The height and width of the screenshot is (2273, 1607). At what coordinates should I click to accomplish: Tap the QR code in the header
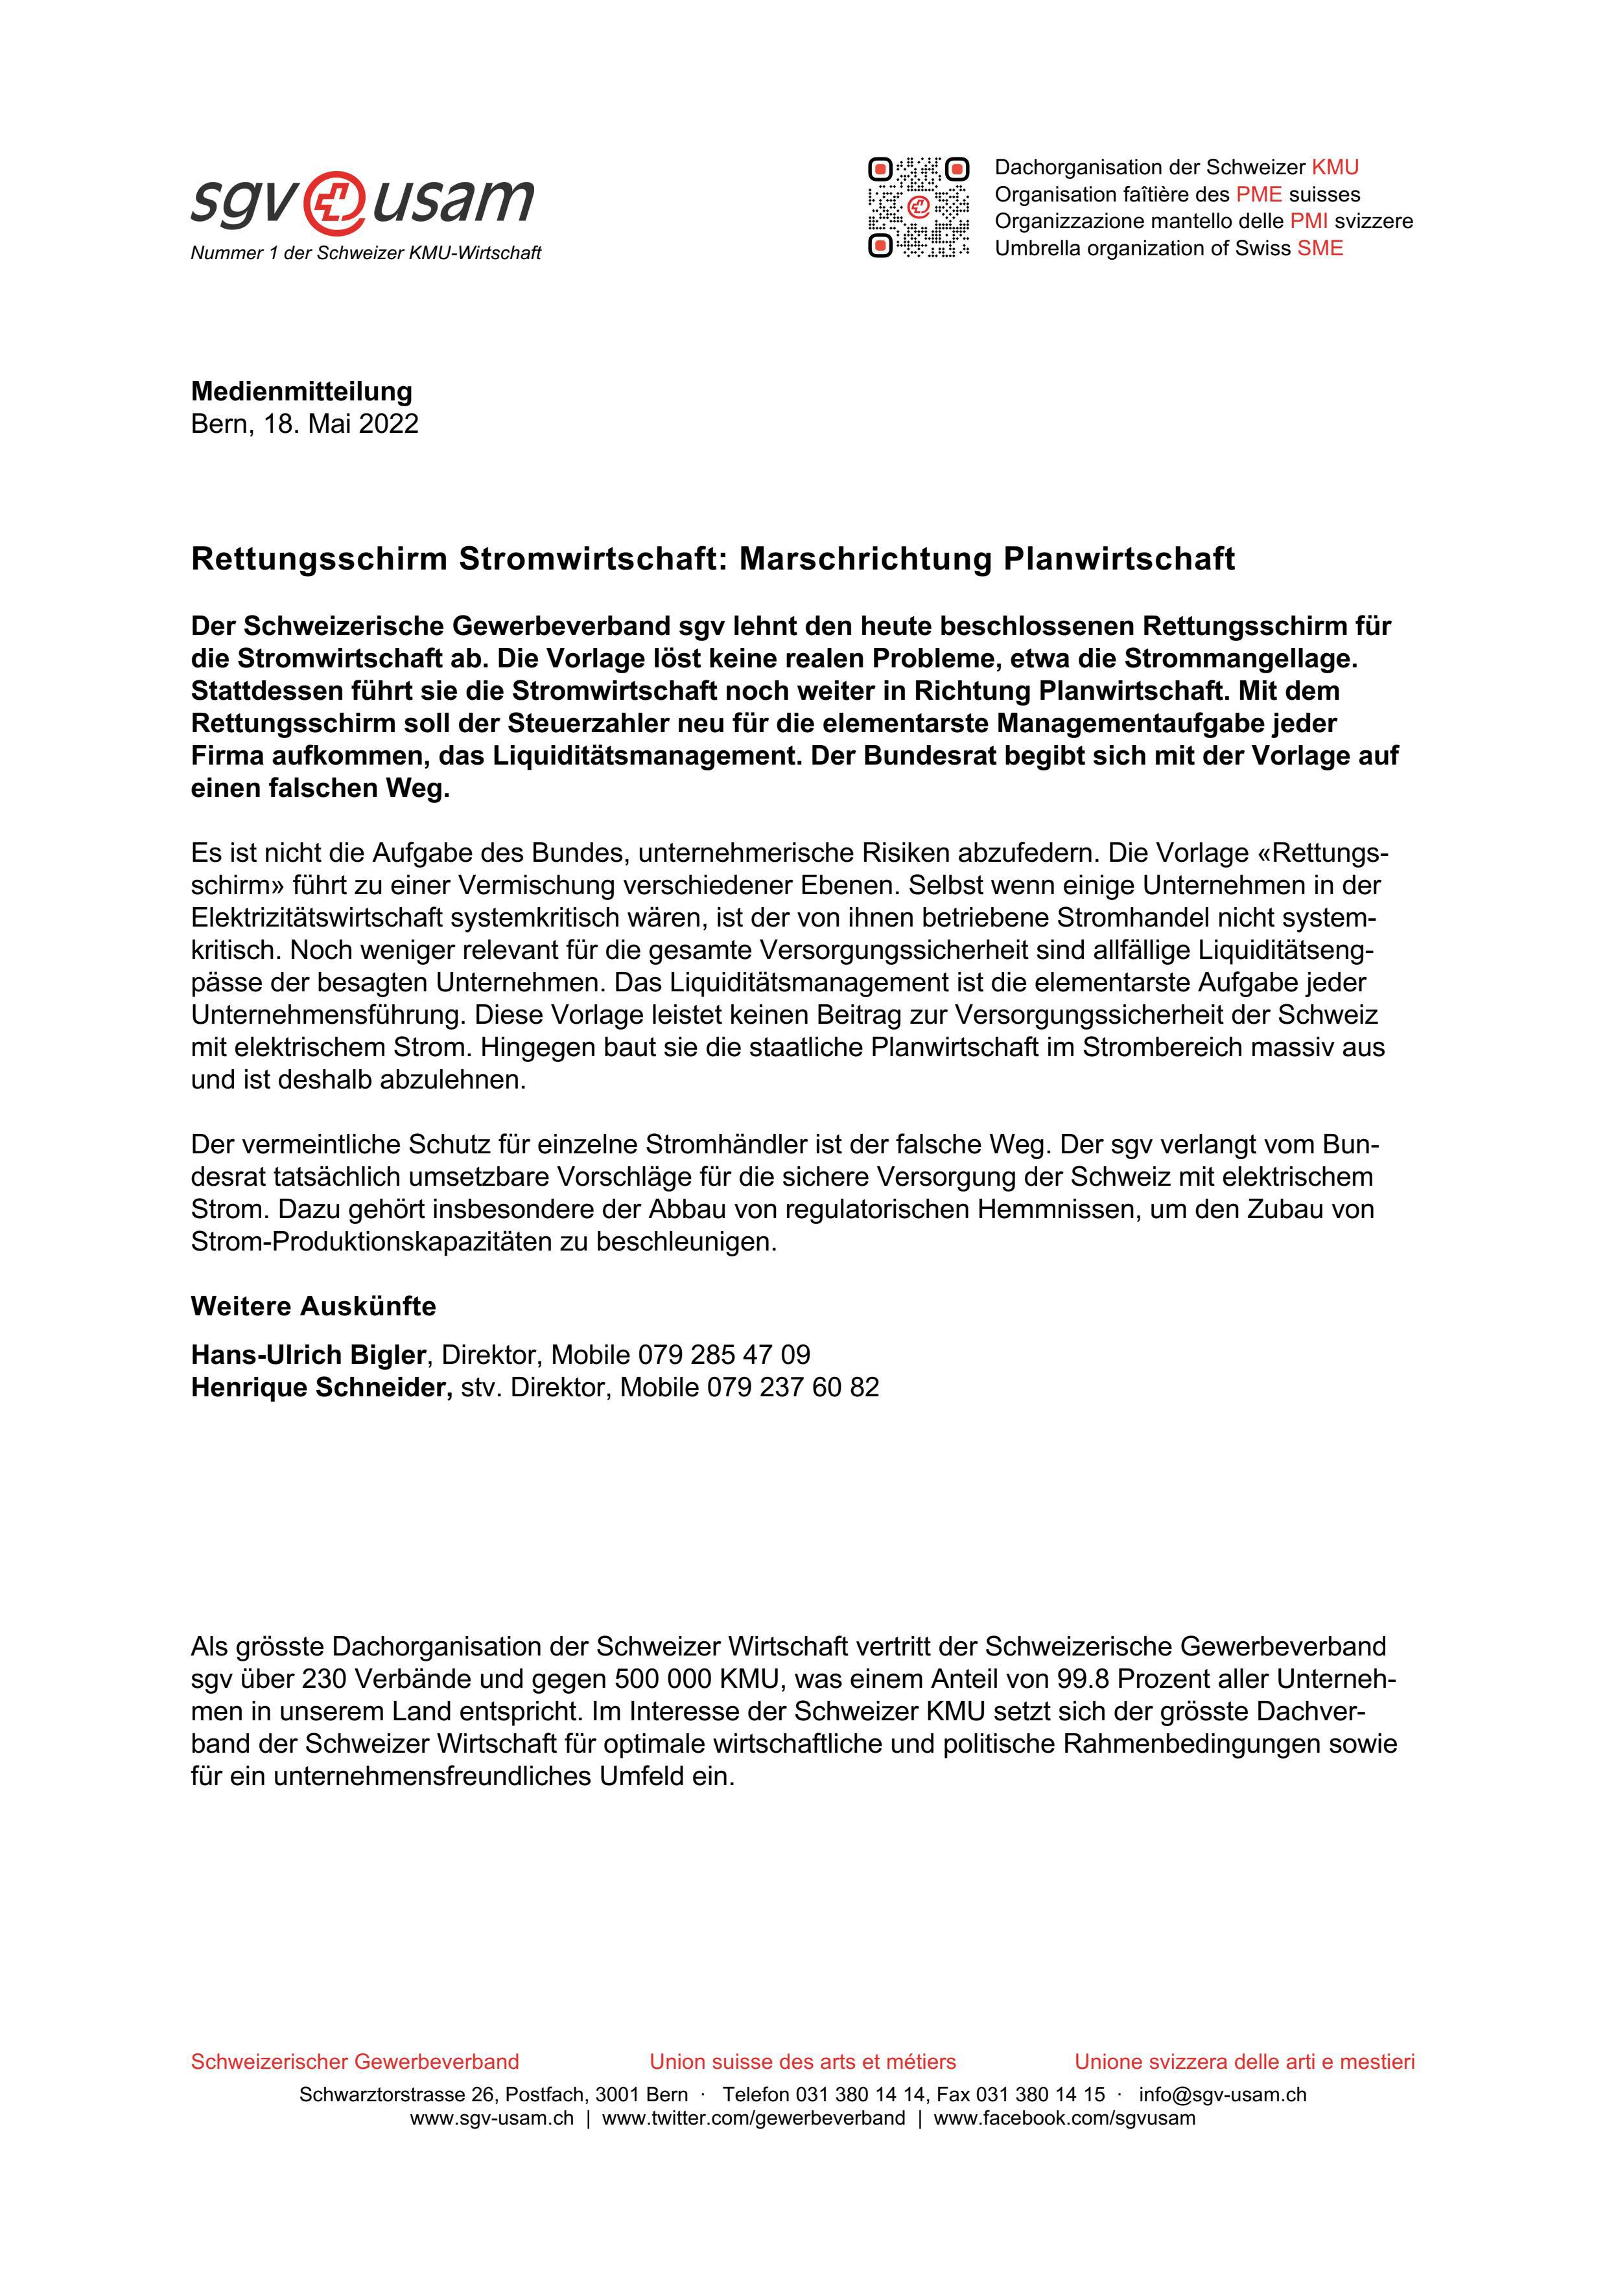point(918,207)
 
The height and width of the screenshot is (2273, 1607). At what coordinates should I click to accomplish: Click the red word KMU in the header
point(1335,167)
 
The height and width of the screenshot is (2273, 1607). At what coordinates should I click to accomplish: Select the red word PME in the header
point(1258,194)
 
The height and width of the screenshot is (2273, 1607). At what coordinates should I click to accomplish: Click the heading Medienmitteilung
point(301,391)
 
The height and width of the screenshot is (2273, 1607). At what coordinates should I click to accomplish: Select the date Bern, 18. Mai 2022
point(304,424)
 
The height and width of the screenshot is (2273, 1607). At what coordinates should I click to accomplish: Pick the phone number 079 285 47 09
point(724,1354)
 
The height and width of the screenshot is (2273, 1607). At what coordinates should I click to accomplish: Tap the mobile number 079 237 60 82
point(792,1387)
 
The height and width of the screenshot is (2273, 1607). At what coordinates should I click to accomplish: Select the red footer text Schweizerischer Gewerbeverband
point(355,2062)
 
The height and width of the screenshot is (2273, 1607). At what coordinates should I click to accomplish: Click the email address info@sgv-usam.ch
point(1222,2095)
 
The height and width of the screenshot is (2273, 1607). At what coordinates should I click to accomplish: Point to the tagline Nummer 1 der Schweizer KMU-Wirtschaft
point(366,253)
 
